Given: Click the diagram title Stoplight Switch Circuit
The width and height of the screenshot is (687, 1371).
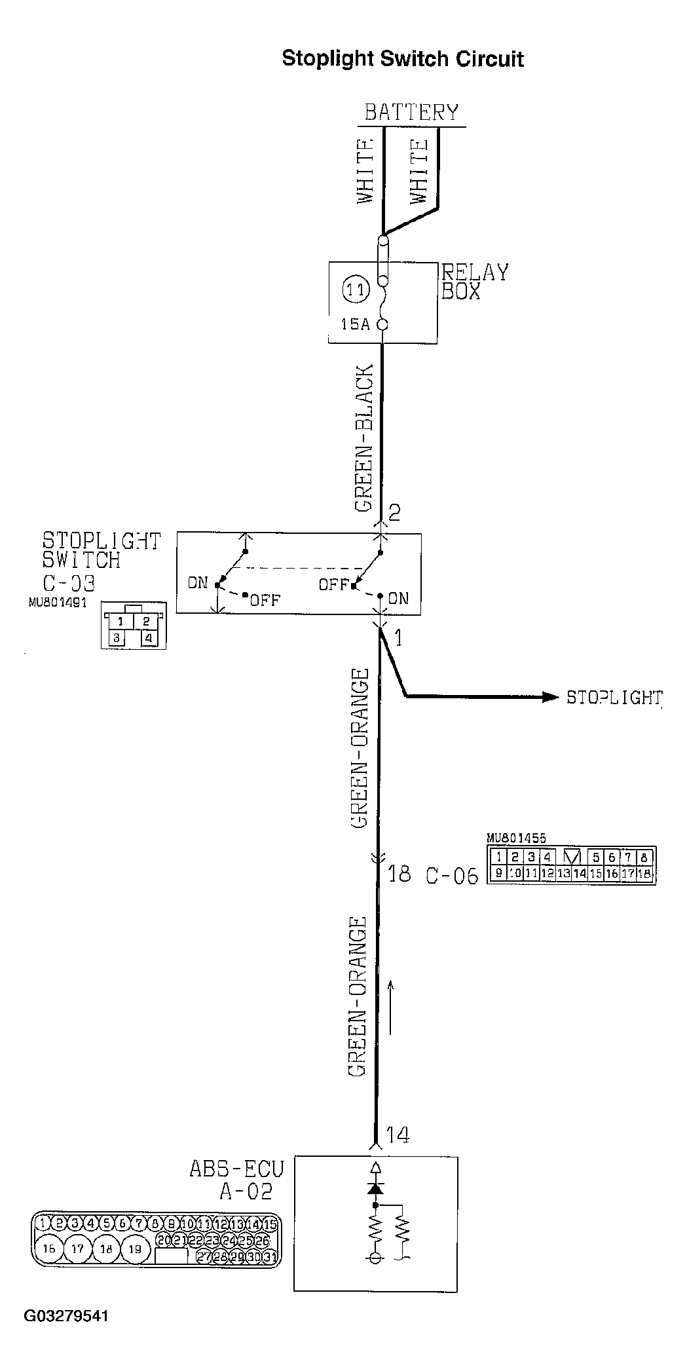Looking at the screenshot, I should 402,59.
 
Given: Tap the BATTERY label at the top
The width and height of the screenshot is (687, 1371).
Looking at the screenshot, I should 411,112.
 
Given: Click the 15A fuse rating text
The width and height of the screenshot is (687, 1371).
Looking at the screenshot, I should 354,324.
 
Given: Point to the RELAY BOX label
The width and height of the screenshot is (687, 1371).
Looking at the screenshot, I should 474,282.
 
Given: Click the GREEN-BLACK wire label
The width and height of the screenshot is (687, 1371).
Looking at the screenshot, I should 364,438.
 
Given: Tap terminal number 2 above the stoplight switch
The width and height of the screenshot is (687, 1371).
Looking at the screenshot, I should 394,512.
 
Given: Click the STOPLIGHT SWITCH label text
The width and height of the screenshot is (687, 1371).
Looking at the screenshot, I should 100,550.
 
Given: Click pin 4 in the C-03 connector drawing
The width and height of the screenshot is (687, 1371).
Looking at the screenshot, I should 149,637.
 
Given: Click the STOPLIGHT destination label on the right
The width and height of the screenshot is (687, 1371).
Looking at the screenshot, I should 614,698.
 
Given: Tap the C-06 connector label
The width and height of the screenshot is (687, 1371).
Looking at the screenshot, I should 452,876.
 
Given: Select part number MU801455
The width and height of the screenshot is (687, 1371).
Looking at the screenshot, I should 516,838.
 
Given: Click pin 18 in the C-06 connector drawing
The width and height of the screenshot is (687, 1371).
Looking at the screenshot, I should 644,873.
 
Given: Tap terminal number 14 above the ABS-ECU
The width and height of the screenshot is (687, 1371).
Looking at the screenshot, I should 398,1134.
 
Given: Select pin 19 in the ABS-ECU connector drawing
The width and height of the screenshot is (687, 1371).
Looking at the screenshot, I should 134,1249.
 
